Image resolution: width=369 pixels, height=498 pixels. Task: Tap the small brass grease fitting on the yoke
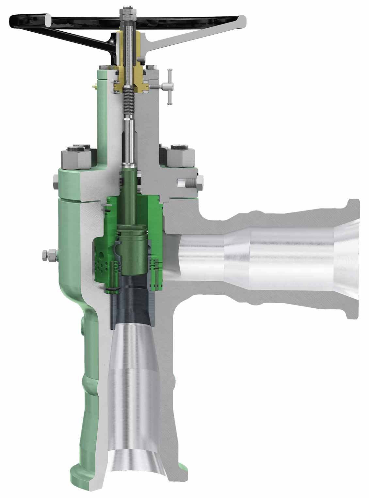pyautogui.click(x=94, y=86)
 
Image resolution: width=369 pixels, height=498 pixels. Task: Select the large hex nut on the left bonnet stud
pyautogui.click(x=78, y=157)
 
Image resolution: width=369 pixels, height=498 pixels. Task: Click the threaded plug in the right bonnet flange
pyautogui.click(x=189, y=181)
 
